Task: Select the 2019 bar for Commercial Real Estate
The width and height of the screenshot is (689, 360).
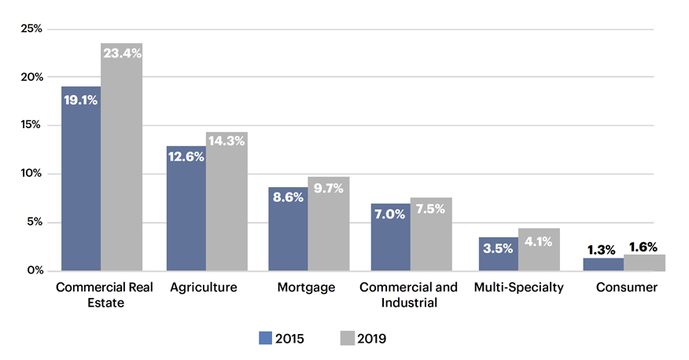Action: pos(121,157)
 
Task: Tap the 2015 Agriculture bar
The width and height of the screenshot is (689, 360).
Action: pos(186,209)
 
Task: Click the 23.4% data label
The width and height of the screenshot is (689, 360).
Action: pos(121,54)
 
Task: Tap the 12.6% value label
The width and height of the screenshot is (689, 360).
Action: pos(186,156)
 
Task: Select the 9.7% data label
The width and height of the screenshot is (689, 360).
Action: pos(328,188)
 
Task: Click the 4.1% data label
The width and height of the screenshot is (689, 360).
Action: pos(539,242)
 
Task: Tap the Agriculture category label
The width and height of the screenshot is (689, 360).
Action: pos(204,288)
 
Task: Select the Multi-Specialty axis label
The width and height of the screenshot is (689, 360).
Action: pos(519,288)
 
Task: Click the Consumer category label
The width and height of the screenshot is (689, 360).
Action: pos(626,288)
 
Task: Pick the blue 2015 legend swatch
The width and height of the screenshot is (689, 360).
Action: pos(265,338)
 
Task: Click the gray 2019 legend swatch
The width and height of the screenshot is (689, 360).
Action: pos(346,338)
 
